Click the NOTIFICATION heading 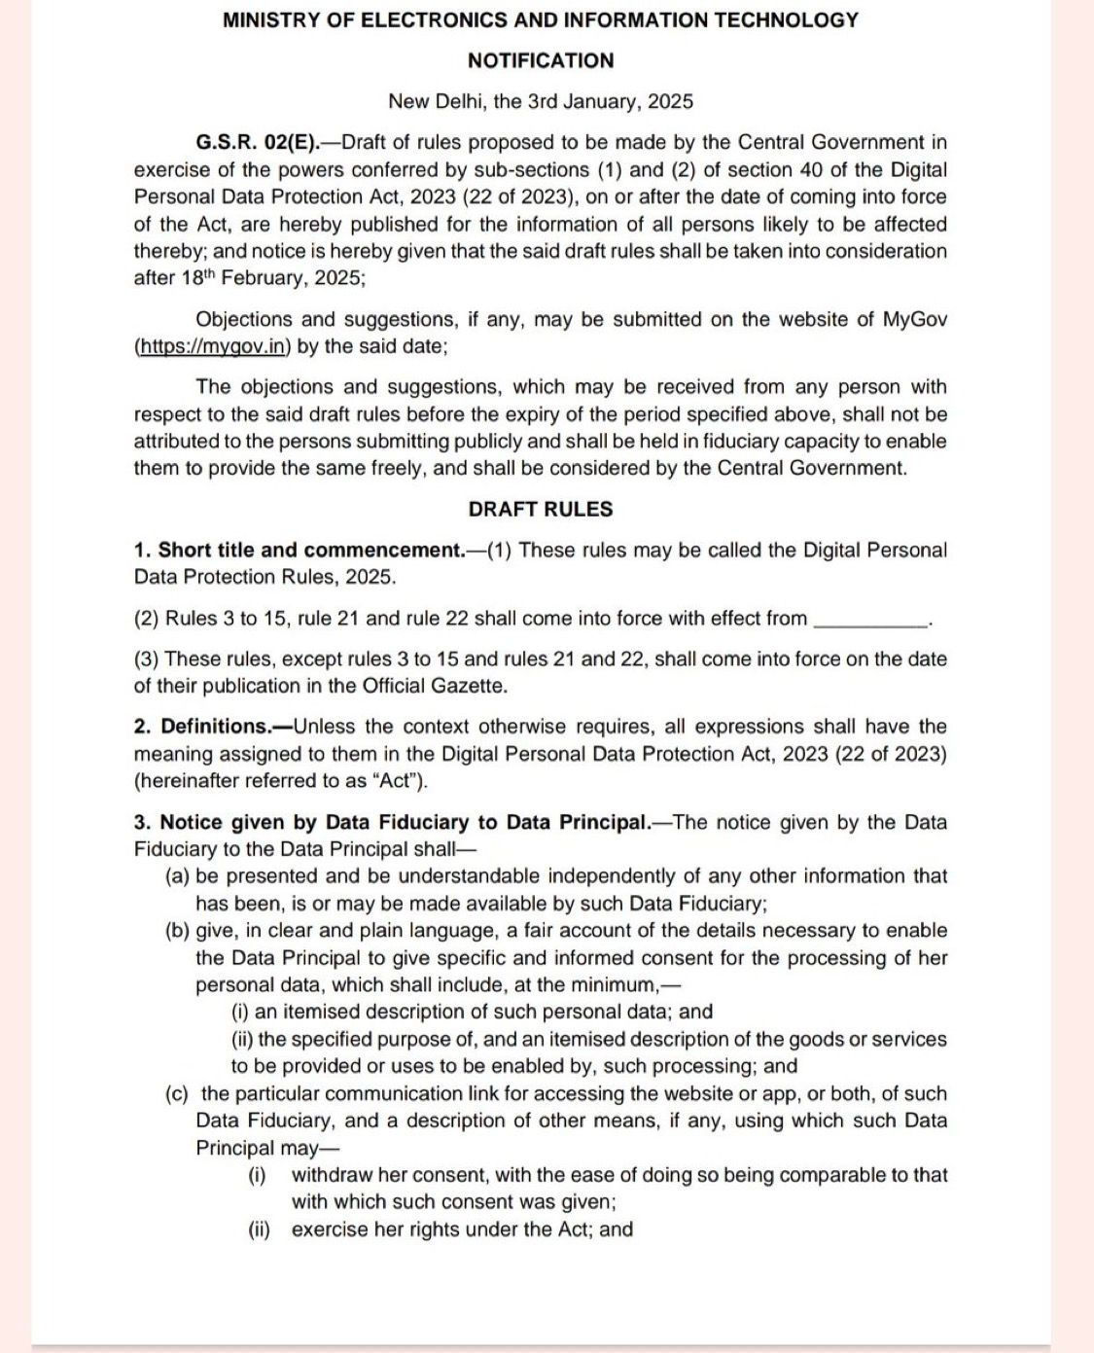pyautogui.click(x=541, y=60)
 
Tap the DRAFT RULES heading pyautogui.click(x=541, y=509)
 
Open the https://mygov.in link pyautogui.click(x=213, y=346)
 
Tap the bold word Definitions pyautogui.click(x=215, y=727)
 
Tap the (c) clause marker pyautogui.click(x=177, y=1094)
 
